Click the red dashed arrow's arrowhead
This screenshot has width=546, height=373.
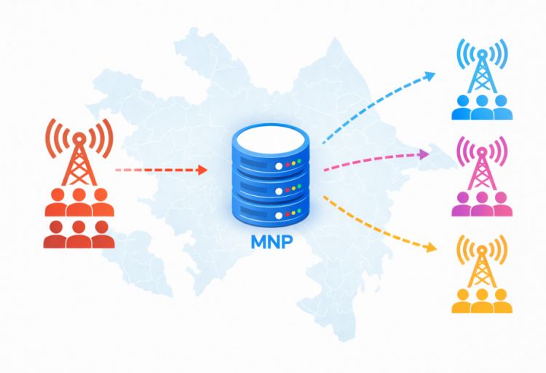click(x=203, y=170)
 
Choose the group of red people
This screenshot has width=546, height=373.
click(x=79, y=219)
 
